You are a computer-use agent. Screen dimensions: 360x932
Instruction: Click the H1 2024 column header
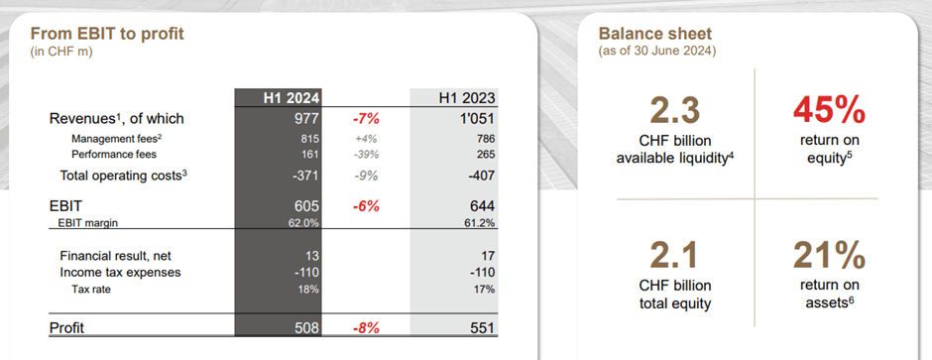[291, 97]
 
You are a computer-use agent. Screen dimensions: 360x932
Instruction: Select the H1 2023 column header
[467, 97]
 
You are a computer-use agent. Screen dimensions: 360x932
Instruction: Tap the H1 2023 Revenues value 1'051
[475, 119]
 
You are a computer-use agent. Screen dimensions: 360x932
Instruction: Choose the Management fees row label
[110, 139]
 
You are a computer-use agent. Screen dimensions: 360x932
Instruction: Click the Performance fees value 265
[485, 155]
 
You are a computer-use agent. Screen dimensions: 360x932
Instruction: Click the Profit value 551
[481, 327]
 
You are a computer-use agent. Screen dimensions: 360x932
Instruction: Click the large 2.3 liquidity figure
[675, 109]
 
